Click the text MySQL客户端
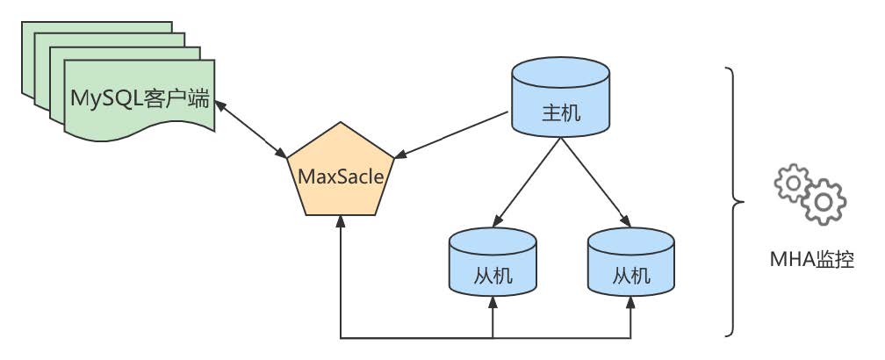[140, 97]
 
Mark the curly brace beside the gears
[733, 201]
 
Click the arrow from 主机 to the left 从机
[527, 181]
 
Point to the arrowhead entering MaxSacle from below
[341, 224]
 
